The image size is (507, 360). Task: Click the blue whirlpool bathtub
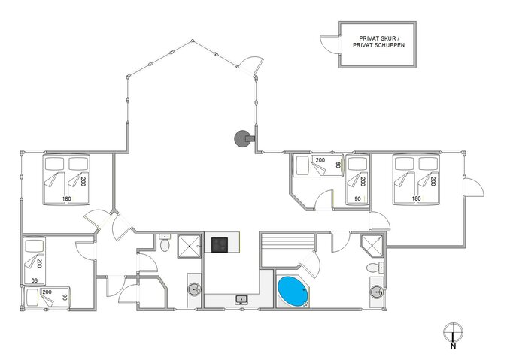(293, 291)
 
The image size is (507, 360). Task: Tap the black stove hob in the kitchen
(220, 244)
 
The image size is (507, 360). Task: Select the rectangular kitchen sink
(241, 300)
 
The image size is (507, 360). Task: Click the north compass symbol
(452, 331)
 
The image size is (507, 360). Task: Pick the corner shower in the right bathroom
(371, 245)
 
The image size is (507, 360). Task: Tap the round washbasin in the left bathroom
(194, 289)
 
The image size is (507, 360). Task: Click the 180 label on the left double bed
(66, 199)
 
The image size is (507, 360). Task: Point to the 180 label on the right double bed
(415, 199)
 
